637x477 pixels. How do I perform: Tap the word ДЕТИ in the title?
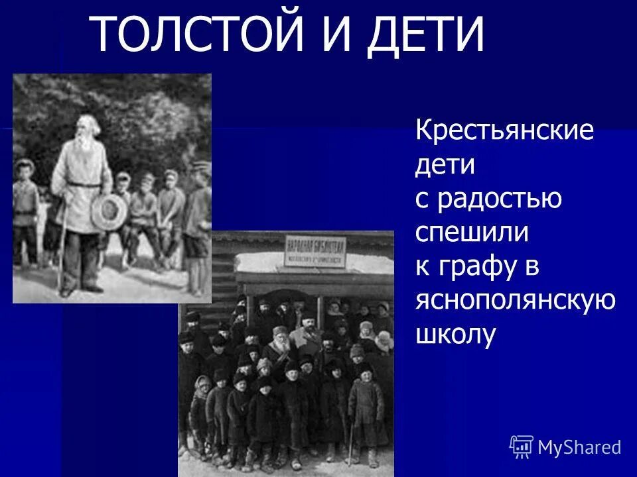(427, 34)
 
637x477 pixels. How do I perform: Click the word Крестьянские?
(504, 130)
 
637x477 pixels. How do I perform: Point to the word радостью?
(498, 198)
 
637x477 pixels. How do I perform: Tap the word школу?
(455, 335)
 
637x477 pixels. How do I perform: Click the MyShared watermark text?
(579, 447)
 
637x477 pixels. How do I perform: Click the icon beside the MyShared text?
(522, 447)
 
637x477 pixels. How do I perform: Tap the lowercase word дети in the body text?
(445, 164)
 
